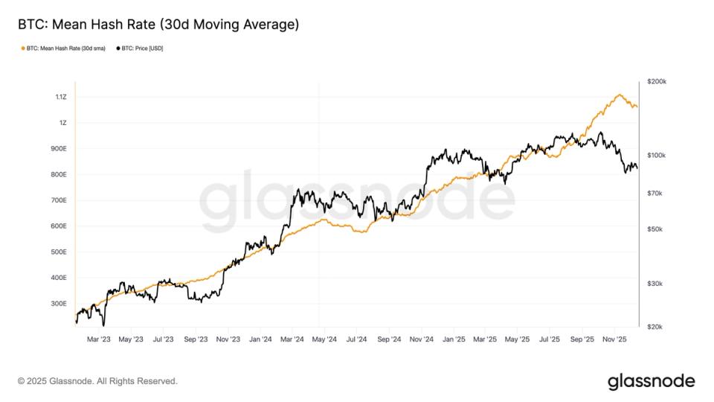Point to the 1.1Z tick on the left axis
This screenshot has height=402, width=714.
pyautogui.click(x=60, y=97)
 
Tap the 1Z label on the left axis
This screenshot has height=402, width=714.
pyautogui.click(x=62, y=123)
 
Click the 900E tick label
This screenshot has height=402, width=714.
pyautogui.click(x=59, y=149)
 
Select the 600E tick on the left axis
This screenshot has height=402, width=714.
pyautogui.click(x=59, y=226)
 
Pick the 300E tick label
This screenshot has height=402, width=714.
pyautogui.click(x=59, y=304)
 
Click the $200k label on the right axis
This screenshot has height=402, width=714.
pyautogui.click(x=657, y=81)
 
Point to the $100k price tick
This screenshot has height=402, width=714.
pyautogui.click(x=657, y=156)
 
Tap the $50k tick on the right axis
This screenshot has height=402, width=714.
pyautogui.click(x=655, y=229)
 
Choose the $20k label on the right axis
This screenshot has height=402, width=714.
pyautogui.click(x=655, y=327)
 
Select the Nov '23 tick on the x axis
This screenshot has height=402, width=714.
pyautogui.click(x=228, y=339)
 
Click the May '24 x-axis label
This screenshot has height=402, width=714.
pyautogui.click(x=324, y=339)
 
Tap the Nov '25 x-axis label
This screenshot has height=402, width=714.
pyautogui.click(x=614, y=339)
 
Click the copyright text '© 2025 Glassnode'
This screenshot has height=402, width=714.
pyautogui.click(x=97, y=381)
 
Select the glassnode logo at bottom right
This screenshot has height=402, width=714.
pyautogui.click(x=651, y=381)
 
